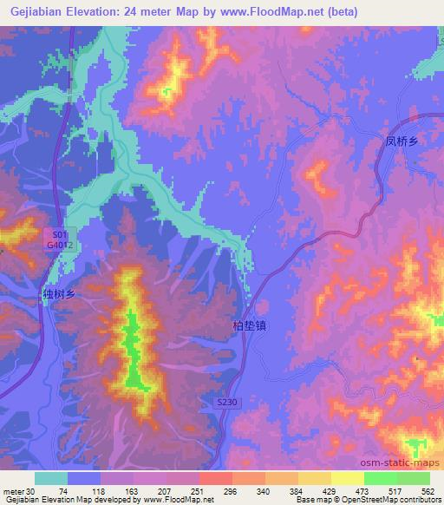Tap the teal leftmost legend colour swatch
click(x=51, y=478)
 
